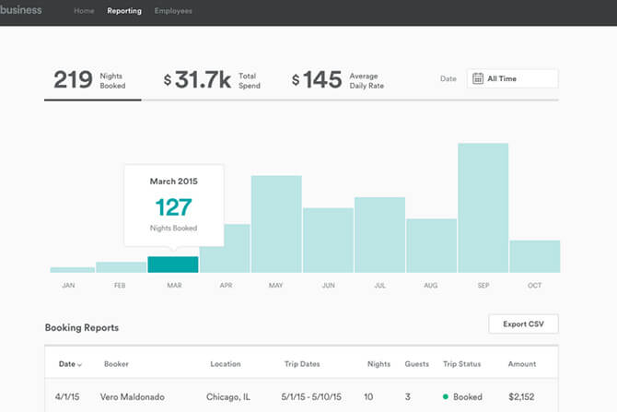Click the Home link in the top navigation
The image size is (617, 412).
(84, 12)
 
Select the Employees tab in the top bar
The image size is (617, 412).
(173, 12)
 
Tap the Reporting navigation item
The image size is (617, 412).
(124, 12)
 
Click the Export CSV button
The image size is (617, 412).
(523, 324)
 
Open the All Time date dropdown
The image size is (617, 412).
(512, 79)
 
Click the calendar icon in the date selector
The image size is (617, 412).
(478, 79)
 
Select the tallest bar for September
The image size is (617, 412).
(483, 207)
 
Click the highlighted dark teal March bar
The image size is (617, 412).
(173, 265)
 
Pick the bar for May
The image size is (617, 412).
(276, 224)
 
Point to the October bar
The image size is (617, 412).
(534, 256)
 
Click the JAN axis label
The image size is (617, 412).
(68, 286)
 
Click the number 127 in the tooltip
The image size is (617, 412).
(173, 206)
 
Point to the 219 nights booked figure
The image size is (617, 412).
(73, 79)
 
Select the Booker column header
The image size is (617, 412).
(116, 364)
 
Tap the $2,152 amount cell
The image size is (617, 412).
(521, 397)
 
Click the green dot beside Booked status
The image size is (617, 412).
(447, 397)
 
